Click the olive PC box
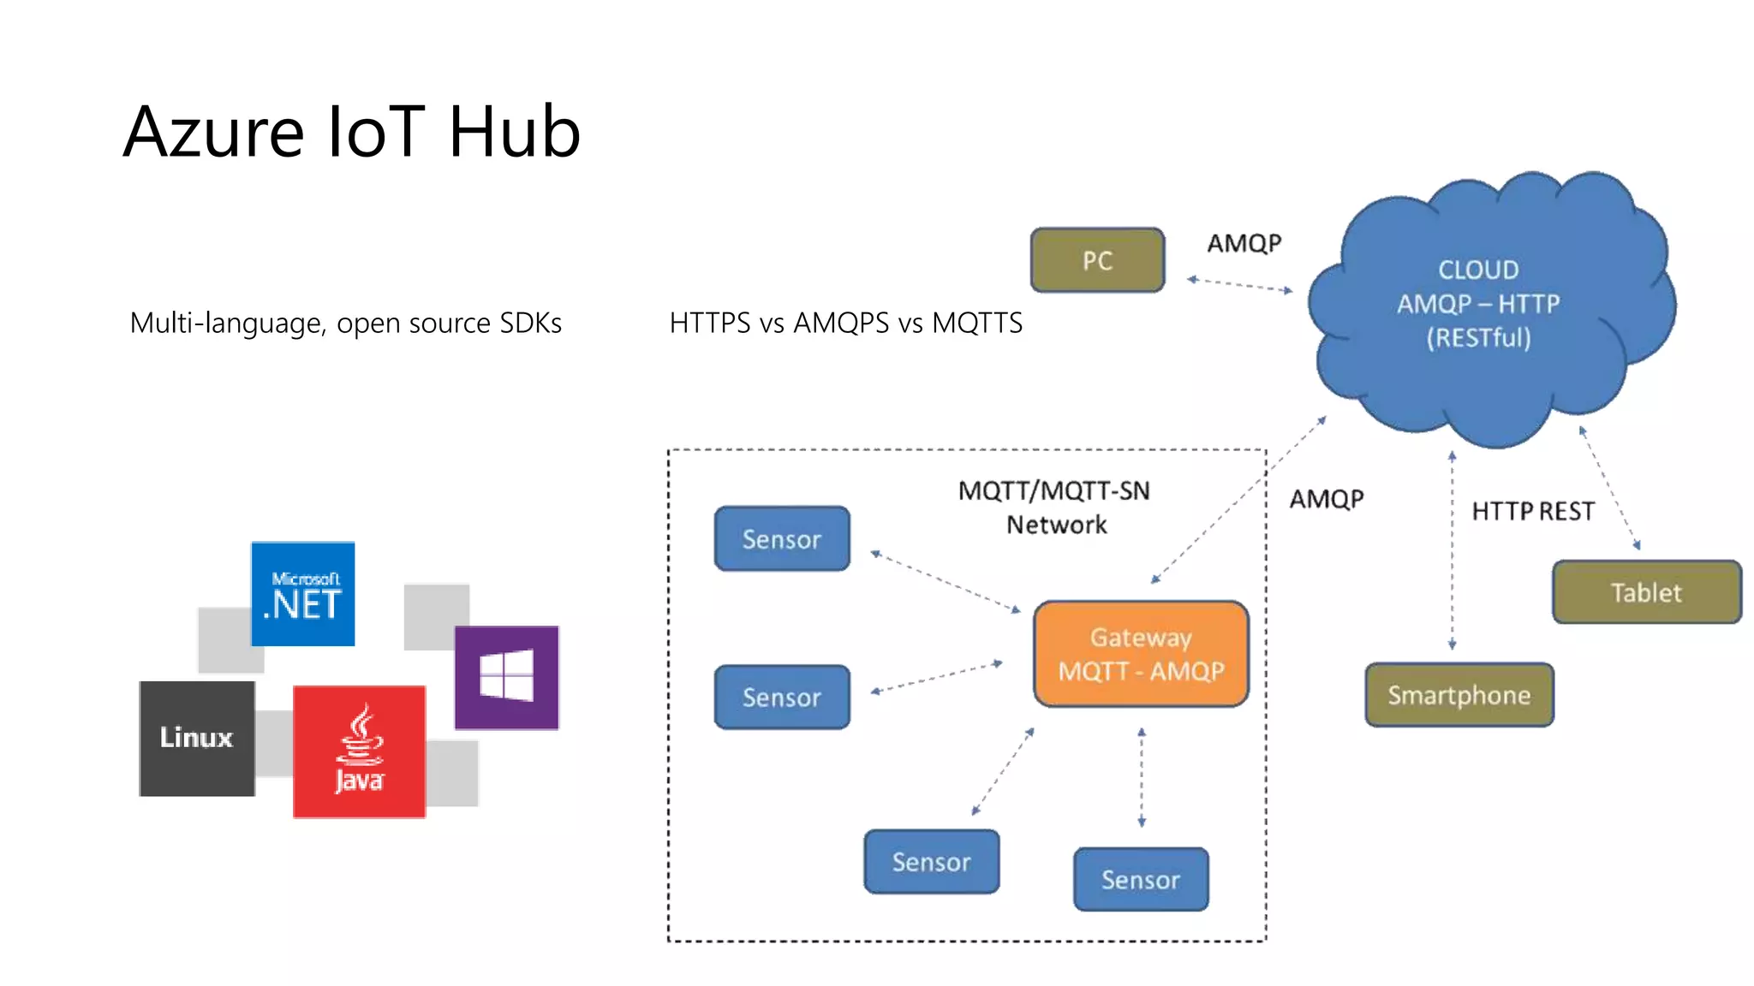1097,260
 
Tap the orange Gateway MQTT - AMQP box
1141,654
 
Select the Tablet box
1646,592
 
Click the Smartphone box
1459,695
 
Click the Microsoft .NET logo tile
303,594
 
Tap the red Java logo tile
359,751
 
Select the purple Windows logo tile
506,677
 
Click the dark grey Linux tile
197,738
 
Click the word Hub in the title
514,132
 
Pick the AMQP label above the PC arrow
1244,244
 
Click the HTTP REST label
1532,512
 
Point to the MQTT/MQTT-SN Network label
1054,508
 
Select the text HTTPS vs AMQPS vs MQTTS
845,324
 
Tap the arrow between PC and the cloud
1239,285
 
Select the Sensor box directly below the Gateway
1141,879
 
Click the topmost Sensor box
782,539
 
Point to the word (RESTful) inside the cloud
1478,338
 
